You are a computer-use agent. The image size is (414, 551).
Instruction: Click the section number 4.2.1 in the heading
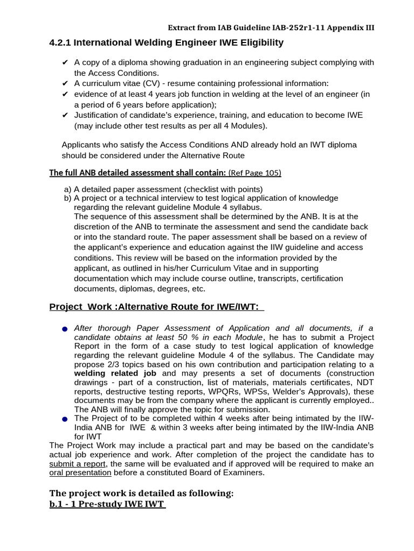pos(60,42)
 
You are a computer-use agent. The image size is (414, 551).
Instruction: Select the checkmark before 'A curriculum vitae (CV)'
pos(65,83)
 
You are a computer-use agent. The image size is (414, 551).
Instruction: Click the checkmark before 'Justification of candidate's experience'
pos(65,115)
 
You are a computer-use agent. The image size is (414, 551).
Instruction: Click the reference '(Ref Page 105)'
pos(255,173)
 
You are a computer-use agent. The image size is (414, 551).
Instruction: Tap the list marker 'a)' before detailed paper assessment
pos(67,189)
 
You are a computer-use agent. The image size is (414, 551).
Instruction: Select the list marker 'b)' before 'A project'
pos(67,198)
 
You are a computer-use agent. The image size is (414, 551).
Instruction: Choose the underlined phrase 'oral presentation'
pos(80,472)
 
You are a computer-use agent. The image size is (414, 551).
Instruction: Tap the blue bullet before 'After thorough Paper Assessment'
pos(65,329)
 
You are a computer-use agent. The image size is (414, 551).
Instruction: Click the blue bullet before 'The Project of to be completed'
pos(65,419)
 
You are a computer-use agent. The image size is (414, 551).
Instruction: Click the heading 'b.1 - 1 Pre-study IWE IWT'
pos(107,504)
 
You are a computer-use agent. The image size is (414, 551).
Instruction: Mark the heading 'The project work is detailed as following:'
pos(141,493)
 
